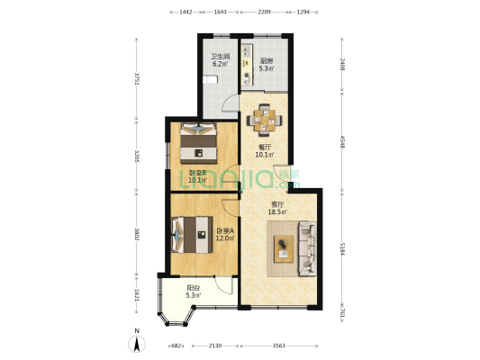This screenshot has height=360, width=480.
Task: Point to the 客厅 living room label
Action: [276, 209]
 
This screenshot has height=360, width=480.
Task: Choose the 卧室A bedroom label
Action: [225, 234]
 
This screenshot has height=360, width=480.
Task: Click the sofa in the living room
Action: [306, 247]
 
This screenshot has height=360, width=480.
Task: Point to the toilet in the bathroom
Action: [209, 80]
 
